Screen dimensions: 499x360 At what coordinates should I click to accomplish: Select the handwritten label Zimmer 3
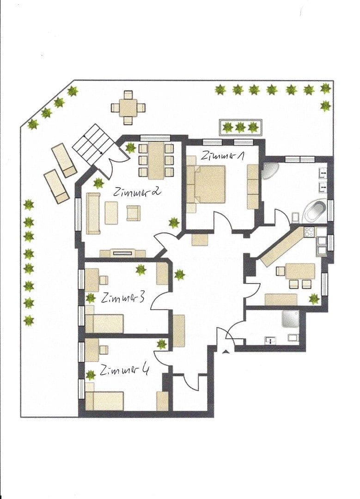pyautogui.click(x=123, y=298)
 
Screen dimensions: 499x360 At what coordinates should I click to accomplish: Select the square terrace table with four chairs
pyautogui.click(x=128, y=108)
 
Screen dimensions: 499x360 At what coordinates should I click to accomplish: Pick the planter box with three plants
pyautogui.click(x=240, y=127)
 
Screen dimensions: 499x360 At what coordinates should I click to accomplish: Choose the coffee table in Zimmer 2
pyautogui.click(x=111, y=213)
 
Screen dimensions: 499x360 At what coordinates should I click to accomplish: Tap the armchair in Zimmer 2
pyautogui.click(x=133, y=213)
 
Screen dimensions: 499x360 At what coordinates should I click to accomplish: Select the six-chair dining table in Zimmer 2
pyautogui.click(x=156, y=160)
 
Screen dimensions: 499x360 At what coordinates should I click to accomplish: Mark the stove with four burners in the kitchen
pyautogui.click(x=309, y=231)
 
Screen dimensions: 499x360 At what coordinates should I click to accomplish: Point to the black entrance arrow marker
pyautogui.click(x=225, y=352)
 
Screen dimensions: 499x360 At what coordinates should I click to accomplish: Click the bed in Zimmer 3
pyautogui.click(x=104, y=323)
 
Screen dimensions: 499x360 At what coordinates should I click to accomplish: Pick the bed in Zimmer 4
pyautogui.click(x=104, y=401)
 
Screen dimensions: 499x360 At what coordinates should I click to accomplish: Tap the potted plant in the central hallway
pyautogui.click(x=180, y=275)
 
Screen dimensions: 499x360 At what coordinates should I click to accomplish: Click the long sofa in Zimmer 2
pyautogui.click(x=93, y=213)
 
